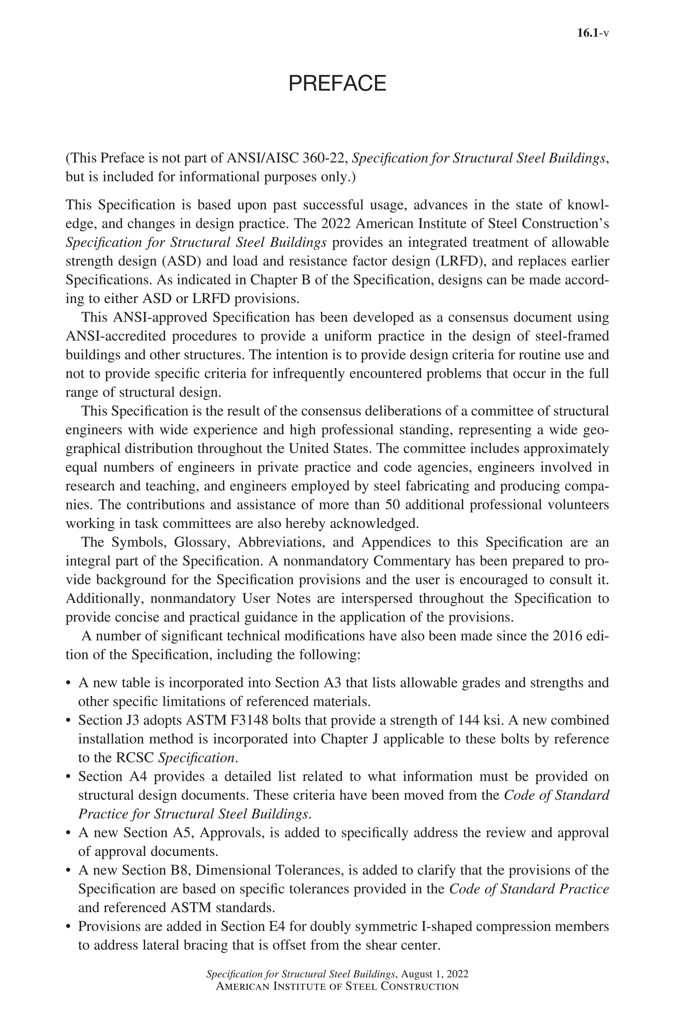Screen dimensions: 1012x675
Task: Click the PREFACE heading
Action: [337, 83]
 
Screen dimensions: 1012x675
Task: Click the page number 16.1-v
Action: [592, 34]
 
